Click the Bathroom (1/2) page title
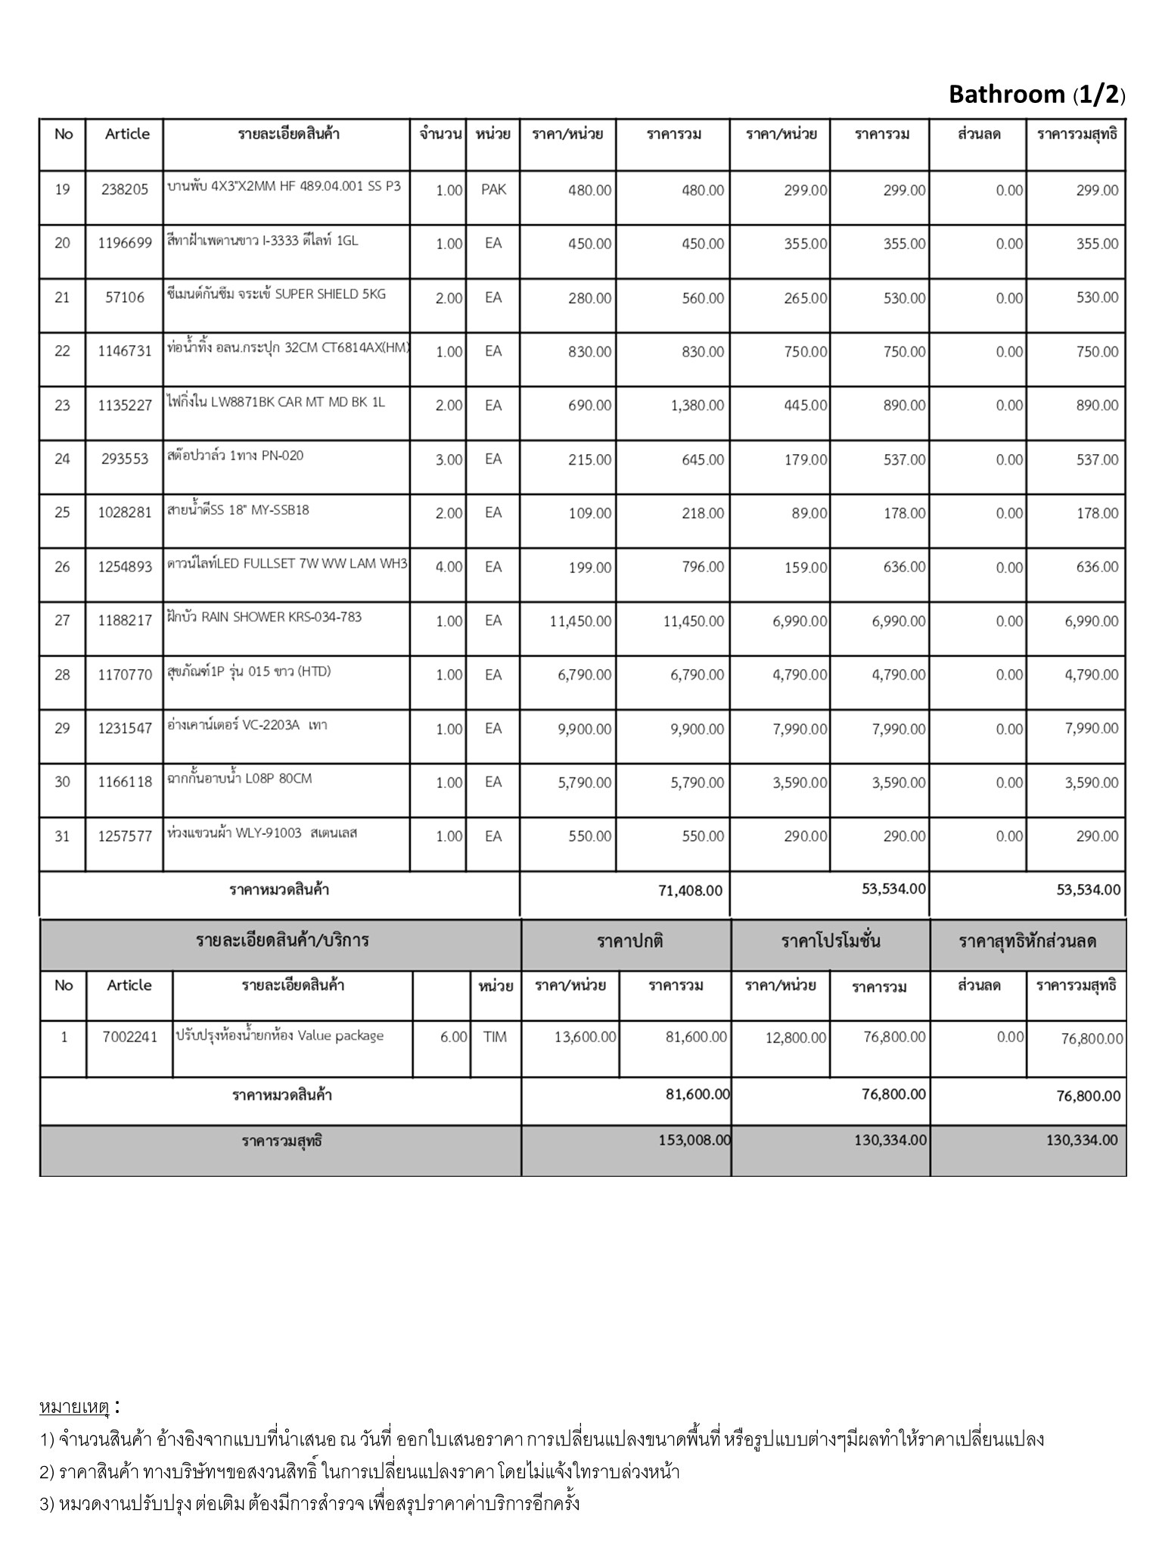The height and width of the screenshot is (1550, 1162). point(1036,95)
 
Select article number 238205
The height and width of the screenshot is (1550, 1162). point(125,190)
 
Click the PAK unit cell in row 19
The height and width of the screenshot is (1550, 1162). point(493,189)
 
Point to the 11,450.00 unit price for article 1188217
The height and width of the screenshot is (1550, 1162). point(580,621)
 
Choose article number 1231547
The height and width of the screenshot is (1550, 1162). point(125,729)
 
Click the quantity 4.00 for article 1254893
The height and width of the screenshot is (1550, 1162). point(449,567)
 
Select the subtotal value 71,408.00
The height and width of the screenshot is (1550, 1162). point(690,890)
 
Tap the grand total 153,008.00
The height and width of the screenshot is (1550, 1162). point(694,1140)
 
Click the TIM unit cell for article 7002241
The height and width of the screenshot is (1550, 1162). point(495,1037)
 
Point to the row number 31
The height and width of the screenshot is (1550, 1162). point(62,836)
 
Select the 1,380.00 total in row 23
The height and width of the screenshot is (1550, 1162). point(697,406)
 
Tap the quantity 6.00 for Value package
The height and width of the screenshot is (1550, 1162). point(453,1037)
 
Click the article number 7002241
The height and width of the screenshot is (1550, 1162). point(130,1037)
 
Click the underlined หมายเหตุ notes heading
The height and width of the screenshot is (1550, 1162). point(75,1408)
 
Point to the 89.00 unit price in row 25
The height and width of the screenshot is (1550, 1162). point(809,513)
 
